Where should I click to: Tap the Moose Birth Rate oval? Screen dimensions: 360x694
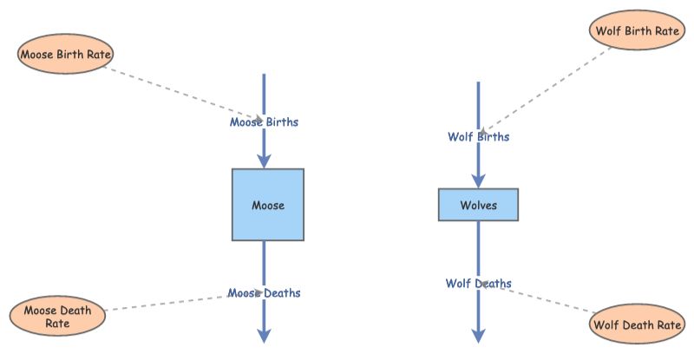pos(66,55)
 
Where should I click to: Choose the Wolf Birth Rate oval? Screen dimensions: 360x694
pos(636,31)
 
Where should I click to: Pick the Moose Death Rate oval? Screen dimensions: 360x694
pos(57,317)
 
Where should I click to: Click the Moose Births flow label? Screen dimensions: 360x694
pos(264,122)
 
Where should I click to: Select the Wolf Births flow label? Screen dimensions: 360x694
pos(478,137)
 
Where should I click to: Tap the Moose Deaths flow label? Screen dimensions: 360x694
pos(264,293)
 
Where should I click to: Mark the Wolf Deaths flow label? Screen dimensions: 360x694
pos(478,284)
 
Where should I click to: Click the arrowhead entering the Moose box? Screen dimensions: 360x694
pos(264,160)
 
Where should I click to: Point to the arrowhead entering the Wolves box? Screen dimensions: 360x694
pos(478,181)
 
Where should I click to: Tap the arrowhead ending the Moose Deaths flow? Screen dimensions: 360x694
pos(264,336)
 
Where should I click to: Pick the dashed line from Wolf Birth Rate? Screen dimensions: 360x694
pos(547,87)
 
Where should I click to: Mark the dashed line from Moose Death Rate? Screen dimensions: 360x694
pos(165,303)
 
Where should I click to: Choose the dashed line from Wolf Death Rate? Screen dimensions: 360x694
pos(547,299)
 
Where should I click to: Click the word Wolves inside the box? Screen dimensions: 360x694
pos(478,206)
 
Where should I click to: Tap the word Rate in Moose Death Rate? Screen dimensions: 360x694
pos(57,324)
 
